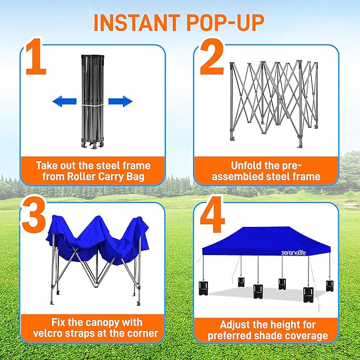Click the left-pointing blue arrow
(x=64, y=101)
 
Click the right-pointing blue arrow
(x=120, y=101)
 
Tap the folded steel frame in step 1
(x=92, y=101)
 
